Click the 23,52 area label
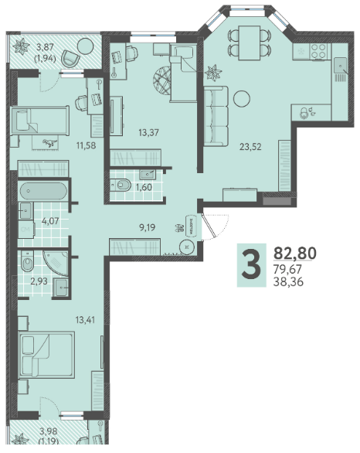point(250,147)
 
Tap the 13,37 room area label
point(148,133)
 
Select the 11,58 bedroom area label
point(86,145)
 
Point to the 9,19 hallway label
point(148,227)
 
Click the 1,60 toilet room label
point(144,187)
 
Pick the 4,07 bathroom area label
point(50,221)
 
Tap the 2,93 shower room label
point(39,281)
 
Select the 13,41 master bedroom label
point(85,320)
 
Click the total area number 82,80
point(295,253)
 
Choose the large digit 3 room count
point(251,265)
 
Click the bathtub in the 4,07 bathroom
point(43,191)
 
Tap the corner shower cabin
point(56,264)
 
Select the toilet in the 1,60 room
point(121,185)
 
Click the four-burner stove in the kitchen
point(319,51)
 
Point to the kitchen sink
point(341,65)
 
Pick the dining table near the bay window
point(250,43)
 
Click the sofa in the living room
point(216,116)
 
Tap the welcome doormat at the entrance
point(192,226)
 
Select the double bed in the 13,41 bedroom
point(46,355)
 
